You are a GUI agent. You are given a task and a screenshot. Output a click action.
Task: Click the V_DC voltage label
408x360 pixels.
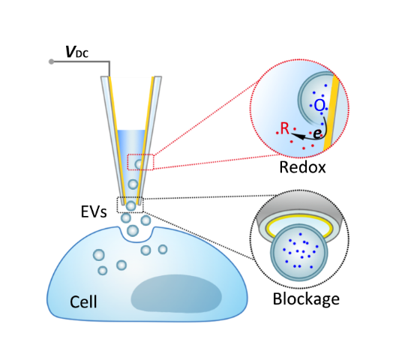(77, 52)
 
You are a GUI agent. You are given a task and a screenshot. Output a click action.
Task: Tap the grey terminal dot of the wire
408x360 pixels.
(52, 61)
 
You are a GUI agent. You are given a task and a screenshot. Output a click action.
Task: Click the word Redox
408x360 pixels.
(302, 167)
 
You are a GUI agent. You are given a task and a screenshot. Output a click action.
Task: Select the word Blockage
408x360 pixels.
(306, 300)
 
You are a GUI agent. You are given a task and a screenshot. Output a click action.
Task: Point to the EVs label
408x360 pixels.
(94, 211)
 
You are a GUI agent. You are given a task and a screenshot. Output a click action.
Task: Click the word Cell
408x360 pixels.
(83, 301)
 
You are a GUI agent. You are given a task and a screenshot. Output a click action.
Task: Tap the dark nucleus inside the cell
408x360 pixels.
(176, 293)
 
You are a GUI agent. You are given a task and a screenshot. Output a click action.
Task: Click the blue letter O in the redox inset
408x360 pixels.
(319, 106)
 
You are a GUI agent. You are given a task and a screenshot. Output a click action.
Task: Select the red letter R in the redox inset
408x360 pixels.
(285, 128)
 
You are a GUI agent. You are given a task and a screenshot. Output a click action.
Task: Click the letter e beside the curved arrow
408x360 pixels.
(317, 133)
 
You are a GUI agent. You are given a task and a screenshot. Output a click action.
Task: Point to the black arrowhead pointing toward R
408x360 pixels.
(297, 136)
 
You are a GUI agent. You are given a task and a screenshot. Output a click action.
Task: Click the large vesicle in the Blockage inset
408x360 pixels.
(299, 252)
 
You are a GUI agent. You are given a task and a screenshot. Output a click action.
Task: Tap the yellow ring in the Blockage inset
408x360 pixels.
(299, 217)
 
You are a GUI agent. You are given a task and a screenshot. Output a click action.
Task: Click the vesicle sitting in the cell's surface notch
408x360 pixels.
(133, 230)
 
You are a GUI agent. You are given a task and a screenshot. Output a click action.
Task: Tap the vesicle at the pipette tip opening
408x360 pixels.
(131, 206)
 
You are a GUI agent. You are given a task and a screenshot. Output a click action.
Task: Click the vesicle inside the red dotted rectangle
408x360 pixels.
(139, 164)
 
